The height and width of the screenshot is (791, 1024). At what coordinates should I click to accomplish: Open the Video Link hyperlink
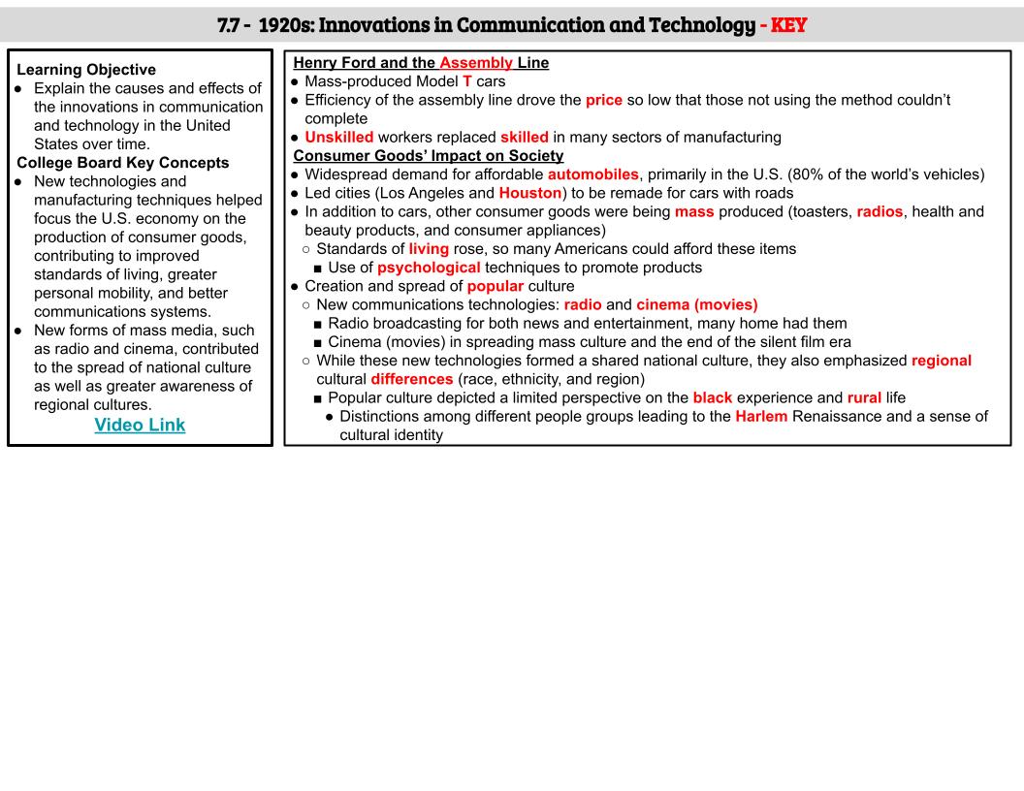(140, 425)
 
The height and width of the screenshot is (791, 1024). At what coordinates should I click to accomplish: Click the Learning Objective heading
(86, 70)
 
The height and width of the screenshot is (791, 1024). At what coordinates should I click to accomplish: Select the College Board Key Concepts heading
(123, 162)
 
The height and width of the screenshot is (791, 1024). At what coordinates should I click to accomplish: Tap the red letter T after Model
(466, 81)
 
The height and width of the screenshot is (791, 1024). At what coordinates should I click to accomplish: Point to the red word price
(604, 100)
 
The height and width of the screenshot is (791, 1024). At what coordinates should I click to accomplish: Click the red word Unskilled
(338, 138)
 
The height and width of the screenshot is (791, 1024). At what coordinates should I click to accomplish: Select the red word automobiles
(592, 174)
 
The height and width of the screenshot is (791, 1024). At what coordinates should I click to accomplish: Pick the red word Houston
(529, 193)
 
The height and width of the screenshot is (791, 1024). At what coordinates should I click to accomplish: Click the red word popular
(495, 286)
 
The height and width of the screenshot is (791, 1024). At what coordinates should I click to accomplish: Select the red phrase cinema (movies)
(696, 304)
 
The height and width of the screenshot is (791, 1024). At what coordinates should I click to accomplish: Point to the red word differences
(411, 379)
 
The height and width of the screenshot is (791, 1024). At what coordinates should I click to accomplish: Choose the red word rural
(864, 397)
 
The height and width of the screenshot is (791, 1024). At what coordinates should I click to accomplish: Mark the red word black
(712, 397)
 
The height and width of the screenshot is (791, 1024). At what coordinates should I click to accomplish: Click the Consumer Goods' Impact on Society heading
(428, 156)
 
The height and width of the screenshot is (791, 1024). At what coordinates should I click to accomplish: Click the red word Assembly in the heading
(475, 63)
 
